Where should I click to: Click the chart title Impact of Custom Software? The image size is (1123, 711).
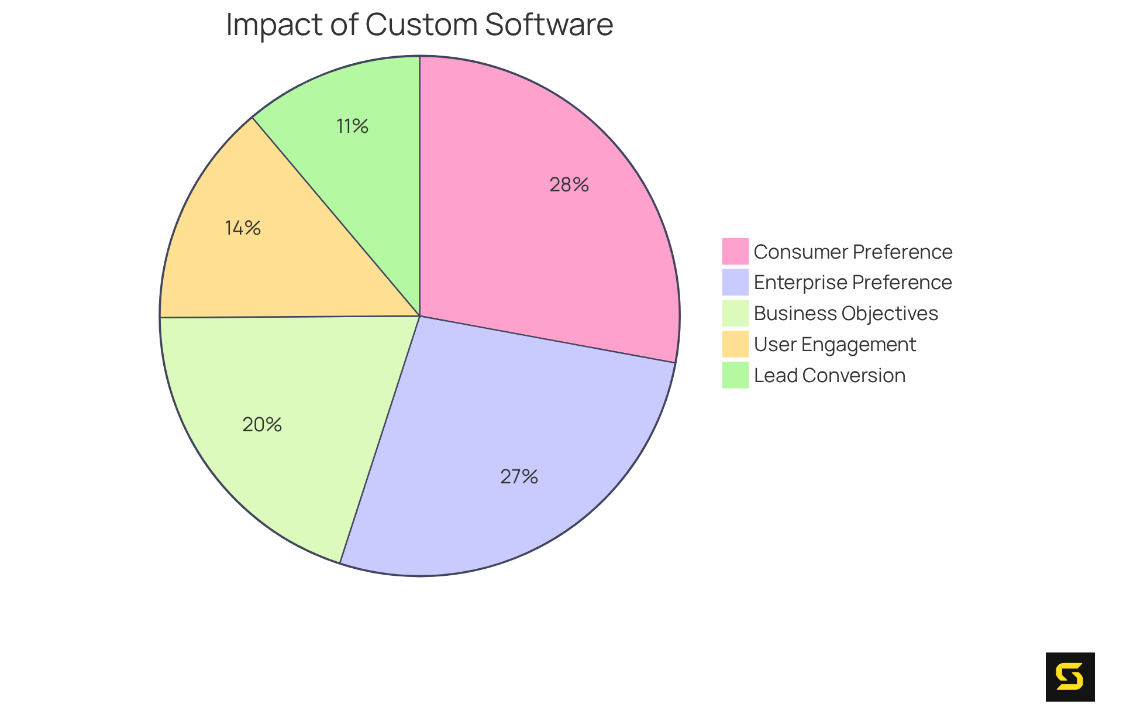419,25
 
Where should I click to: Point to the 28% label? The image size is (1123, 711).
569,185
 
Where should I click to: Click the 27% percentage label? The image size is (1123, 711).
519,477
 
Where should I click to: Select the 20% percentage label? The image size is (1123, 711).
262,425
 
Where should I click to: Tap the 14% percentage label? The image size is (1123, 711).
243,228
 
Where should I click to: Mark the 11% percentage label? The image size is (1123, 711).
353,126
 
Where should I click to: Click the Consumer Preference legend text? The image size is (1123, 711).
853,252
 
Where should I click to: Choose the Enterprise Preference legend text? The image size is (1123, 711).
853,282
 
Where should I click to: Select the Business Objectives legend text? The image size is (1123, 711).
846,313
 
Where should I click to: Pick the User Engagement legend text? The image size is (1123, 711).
835,344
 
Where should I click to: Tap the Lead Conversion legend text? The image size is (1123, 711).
829,375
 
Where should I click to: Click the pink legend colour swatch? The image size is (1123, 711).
735,251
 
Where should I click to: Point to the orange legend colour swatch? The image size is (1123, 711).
735,344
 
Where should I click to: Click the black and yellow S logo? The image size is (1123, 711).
1070,676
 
